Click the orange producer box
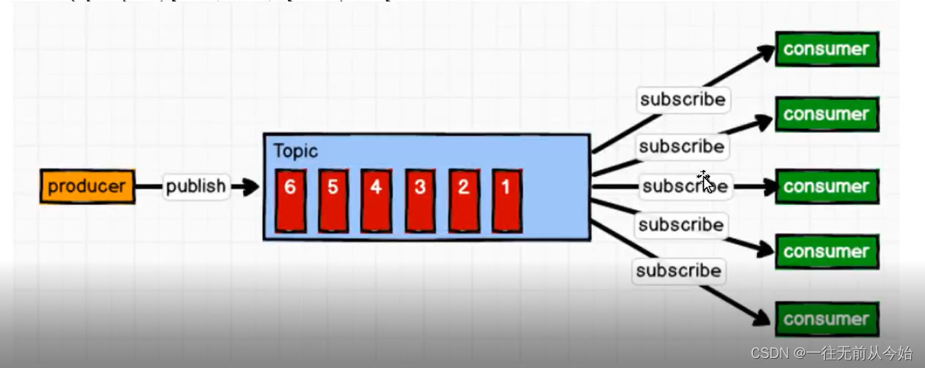87,187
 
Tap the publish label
196,187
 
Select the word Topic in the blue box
296,151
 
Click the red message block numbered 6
290,200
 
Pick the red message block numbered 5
333,200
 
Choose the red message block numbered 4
376,200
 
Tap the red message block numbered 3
419,200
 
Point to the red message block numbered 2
464,200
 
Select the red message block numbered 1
506,200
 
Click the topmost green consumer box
826,50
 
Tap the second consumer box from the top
826,115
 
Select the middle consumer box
826,187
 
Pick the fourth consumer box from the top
826,252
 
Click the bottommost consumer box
826,319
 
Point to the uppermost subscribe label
682,99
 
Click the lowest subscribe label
678,271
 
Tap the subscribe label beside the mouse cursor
684,186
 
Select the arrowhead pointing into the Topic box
251,187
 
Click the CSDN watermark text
831,353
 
